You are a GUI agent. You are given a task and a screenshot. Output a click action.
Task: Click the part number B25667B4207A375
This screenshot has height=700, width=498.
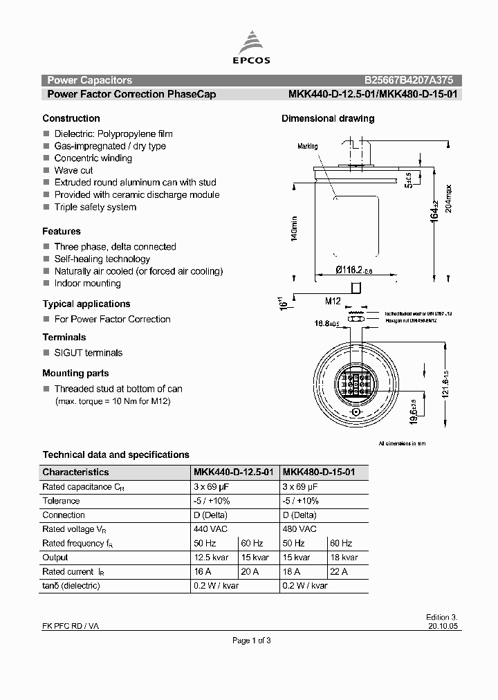(409, 80)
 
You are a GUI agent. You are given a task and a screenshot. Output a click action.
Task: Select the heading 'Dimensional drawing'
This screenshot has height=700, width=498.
(328, 118)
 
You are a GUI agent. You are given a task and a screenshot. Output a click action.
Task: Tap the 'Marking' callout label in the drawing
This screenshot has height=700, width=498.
(307, 147)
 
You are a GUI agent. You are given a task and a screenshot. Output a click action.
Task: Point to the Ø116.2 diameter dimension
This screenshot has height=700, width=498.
(354, 271)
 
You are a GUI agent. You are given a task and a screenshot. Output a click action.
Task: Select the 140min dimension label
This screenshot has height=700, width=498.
(294, 229)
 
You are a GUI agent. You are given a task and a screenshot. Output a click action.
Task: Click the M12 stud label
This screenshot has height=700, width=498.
(333, 301)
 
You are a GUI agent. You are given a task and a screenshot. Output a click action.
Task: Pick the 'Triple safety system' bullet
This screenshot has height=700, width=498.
(95, 207)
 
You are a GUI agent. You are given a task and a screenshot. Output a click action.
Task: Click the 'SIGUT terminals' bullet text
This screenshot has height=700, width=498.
(88, 353)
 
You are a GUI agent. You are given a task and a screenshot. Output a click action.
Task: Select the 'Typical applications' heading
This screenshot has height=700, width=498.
(86, 304)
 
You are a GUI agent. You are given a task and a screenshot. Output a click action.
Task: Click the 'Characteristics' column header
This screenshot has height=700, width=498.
(75, 472)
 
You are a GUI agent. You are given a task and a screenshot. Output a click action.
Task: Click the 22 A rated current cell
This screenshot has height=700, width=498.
(339, 571)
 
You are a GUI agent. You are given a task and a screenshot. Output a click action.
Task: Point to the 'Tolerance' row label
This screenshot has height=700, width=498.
(61, 501)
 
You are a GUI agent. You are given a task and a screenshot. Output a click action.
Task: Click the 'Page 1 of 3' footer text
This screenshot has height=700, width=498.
(251, 641)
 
